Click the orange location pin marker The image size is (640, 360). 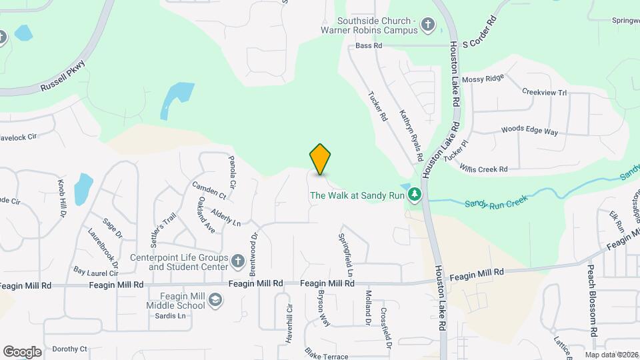point(321,159)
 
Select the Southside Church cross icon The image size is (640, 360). point(427,27)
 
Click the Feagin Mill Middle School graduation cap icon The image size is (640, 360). point(215,301)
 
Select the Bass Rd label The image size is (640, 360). point(369,46)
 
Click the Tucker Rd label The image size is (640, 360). point(378,105)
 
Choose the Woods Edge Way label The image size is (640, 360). point(529,131)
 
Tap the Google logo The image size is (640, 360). point(22,351)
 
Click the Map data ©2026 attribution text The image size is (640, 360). point(611,355)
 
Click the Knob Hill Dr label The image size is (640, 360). point(62,198)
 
